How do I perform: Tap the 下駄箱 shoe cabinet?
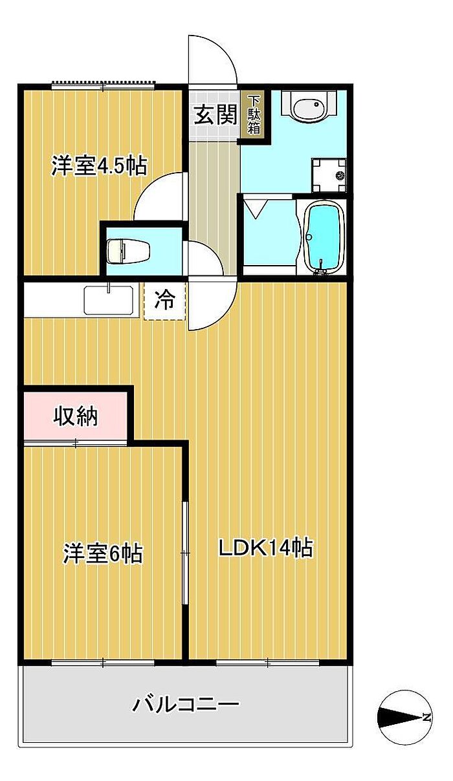[254, 114]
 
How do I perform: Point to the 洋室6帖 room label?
[104, 553]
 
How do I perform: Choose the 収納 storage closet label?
[75, 416]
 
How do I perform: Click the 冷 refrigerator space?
[165, 300]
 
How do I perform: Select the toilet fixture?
[128, 251]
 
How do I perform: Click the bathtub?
[322, 237]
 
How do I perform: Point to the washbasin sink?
[309, 106]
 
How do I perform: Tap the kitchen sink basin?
[109, 299]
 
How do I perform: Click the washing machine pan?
[329, 175]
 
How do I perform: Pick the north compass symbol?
[405, 718]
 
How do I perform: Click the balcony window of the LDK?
[268, 662]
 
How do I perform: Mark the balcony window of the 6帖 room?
[103, 662]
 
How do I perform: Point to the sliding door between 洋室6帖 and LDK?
[185, 553]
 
